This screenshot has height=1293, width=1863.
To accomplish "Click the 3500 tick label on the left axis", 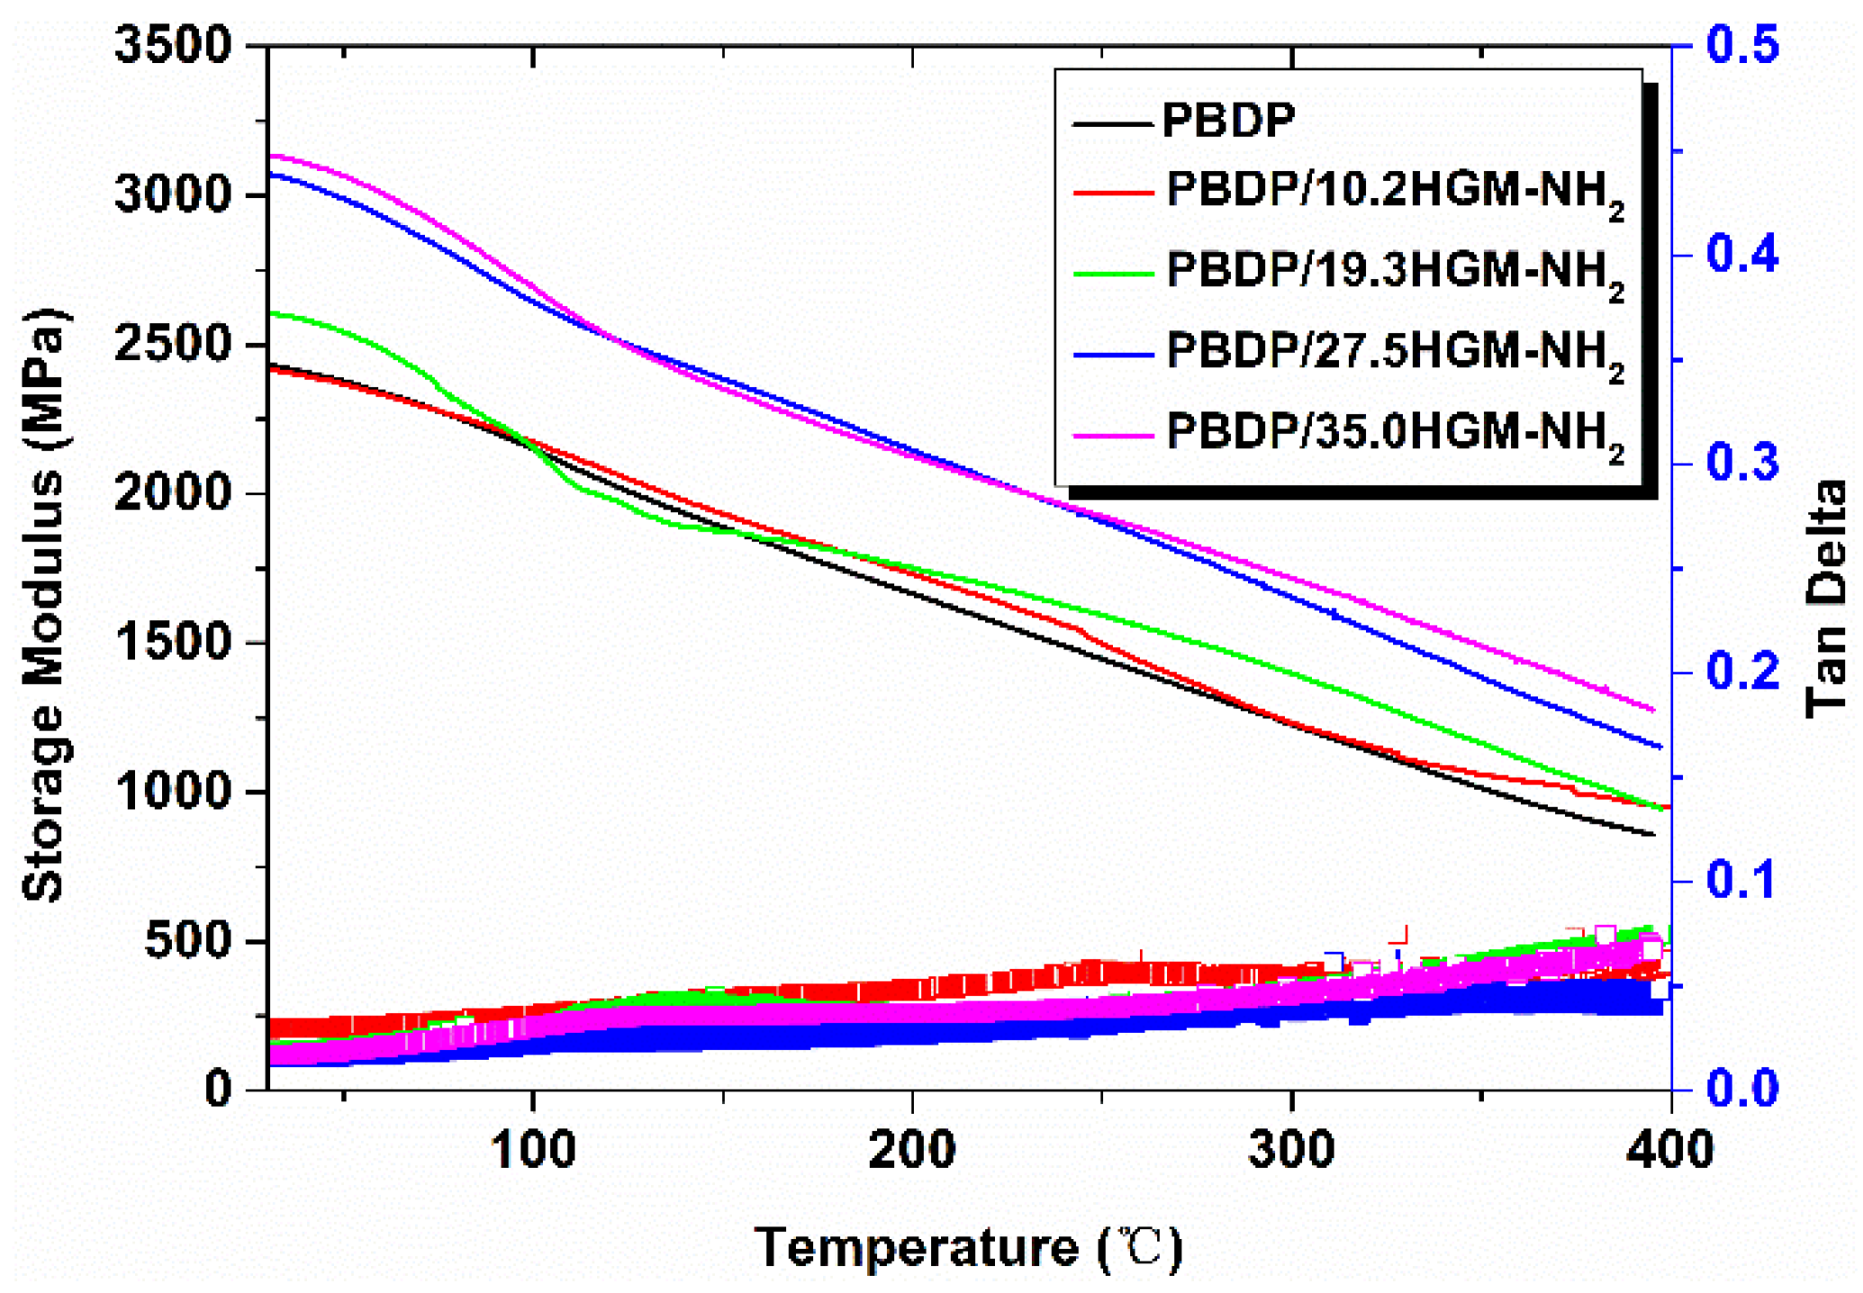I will click(173, 44).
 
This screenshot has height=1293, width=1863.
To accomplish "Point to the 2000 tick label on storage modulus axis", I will click(173, 493).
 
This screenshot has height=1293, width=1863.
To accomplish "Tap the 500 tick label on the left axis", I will click(187, 941).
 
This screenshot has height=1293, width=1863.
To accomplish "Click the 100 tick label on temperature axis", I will click(533, 1150).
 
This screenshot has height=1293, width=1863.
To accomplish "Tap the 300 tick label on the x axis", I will click(1292, 1150).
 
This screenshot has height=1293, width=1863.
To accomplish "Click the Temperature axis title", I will click(968, 1247).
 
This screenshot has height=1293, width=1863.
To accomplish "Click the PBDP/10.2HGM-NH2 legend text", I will click(1395, 192).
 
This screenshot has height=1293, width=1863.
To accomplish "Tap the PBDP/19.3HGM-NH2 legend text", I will click(1395, 270).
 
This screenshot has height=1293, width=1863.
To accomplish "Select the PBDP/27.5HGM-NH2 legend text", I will click(1395, 351).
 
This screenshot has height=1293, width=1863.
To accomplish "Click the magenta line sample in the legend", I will click(1113, 436).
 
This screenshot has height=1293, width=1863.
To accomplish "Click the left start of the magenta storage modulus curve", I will click(273, 156).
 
